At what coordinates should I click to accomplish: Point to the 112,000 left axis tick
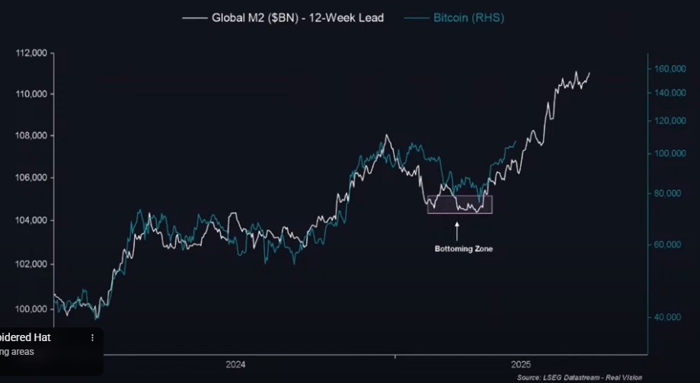pyautogui.click(x=31, y=53)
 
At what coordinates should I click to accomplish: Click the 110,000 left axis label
pyautogui.click(x=31, y=94)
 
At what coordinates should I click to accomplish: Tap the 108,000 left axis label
pyautogui.click(x=31, y=136)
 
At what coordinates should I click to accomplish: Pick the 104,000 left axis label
pyautogui.click(x=31, y=220)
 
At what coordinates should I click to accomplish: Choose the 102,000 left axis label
pyautogui.click(x=31, y=264)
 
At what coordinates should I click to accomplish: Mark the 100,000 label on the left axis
pyautogui.click(x=31, y=309)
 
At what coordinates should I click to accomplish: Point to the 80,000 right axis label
pyautogui.click(x=673, y=193)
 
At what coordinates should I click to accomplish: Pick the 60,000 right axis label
pyautogui.click(x=673, y=244)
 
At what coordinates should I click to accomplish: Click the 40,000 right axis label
pyautogui.click(x=673, y=317)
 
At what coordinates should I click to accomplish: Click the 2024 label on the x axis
pyautogui.click(x=236, y=365)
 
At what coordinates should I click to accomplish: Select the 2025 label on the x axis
pyautogui.click(x=522, y=365)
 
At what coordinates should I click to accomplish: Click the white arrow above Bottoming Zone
pyautogui.click(x=457, y=229)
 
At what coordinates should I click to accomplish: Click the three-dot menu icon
pyautogui.click(x=93, y=337)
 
